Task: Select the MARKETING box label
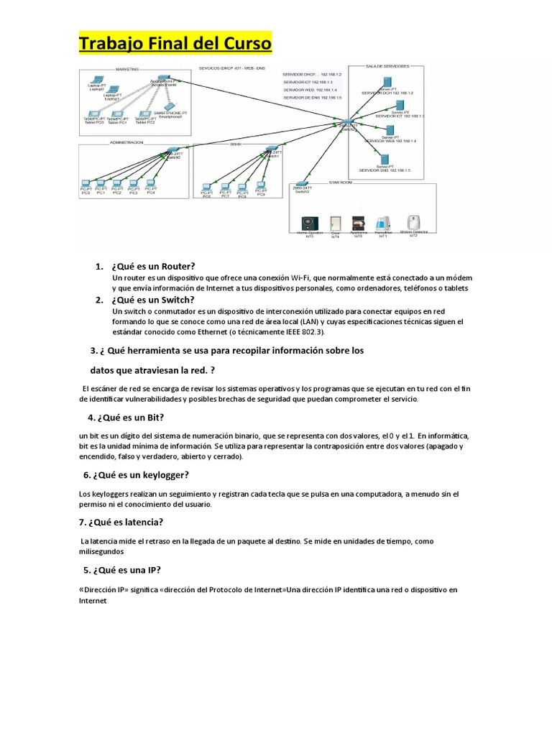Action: pyautogui.click(x=129, y=69)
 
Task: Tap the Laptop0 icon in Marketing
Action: pyautogui.click(x=96, y=79)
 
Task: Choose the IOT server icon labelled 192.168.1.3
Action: pyautogui.click(x=400, y=106)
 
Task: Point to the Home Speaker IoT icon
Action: pyautogui.click(x=308, y=224)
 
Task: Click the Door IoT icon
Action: pyautogui.click(x=335, y=224)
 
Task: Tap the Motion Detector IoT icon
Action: pyautogui.click(x=413, y=222)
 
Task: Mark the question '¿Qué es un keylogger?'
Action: pyautogui.click(x=141, y=474)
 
